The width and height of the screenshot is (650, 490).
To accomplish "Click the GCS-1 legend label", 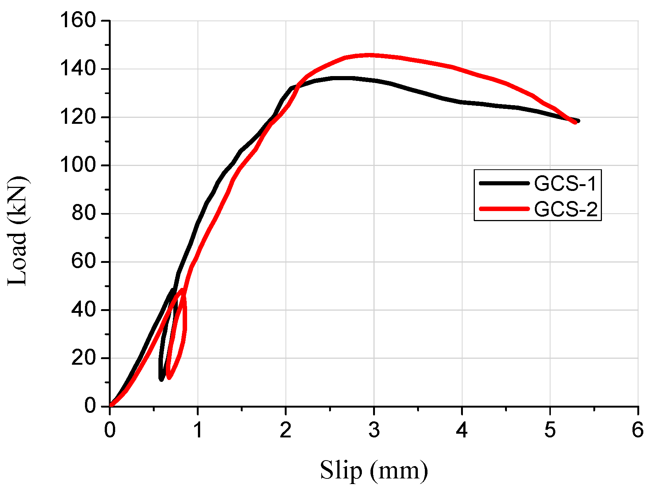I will pyautogui.click(x=565, y=183).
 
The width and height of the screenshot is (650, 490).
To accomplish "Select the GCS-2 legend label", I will pyautogui.click(x=565, y=209).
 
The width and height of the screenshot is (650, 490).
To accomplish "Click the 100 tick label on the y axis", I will pyautogui.click(x=78, y=165).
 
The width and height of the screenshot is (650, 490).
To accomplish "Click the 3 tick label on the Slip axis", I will pyautogui.click(x=374, y=430).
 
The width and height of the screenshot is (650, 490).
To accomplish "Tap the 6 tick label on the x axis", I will pyautogui.click(x=638, y=430).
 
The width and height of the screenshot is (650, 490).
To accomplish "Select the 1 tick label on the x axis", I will pyautogui.click(x=198, y=430).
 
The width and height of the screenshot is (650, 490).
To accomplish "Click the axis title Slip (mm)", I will pyautogui.click(x=374, y=470).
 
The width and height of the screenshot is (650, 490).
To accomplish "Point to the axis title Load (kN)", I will pyautogui.click(x=18, y=231).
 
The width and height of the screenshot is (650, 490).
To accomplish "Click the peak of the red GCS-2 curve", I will pyautogui.click(x=370, y=55).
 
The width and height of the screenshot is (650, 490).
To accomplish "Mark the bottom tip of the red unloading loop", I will pyautogui.click(x=169, y=378).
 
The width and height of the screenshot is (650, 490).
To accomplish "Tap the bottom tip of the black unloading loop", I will pyautogui.click(x=161, y=380).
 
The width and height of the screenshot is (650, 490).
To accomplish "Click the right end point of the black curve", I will pyautogui.click(x=578, y=121).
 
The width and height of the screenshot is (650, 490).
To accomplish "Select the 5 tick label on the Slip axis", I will pyautogui.click(x=550, y=430).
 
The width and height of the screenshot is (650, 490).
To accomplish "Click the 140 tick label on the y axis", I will pyautogui.click(x=78, y=69).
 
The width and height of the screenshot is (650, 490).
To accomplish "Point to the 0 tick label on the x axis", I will pyautogui.click(x=110, y=430).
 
